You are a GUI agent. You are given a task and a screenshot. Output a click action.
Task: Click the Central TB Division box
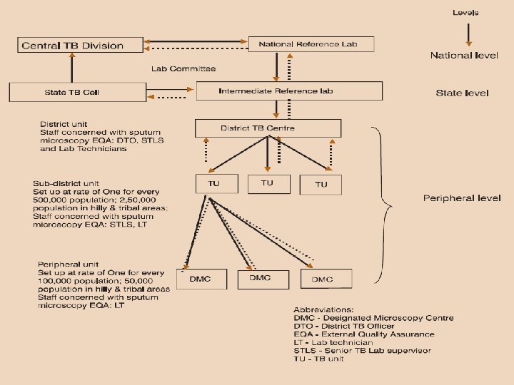click(72, 45)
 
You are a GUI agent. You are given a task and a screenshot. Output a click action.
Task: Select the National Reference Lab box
click(311, 43)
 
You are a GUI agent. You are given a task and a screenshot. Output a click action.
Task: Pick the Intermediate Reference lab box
click(289, 91)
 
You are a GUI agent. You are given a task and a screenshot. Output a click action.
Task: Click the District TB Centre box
click(268, 128)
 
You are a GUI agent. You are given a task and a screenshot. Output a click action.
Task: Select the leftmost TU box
click(213, 183)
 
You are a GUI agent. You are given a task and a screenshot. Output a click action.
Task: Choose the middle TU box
click(267, 183)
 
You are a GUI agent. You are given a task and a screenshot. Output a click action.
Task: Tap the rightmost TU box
click(321, 184)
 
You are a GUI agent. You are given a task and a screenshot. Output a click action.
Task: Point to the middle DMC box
click(261, 278)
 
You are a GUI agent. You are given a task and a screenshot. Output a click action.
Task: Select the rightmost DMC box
click(321, 279)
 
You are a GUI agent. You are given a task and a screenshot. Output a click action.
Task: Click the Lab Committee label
click(183, 69)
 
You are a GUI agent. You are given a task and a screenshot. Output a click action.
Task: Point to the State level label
click(462, 93)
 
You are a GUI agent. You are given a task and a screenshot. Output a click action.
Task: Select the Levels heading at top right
click(465, 13)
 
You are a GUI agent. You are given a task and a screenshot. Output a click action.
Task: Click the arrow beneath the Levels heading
click(467, 34)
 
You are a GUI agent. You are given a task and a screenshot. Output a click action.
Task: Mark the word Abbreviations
click(324, 310)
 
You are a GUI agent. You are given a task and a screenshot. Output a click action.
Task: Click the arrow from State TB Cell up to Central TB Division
click(71, 68)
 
